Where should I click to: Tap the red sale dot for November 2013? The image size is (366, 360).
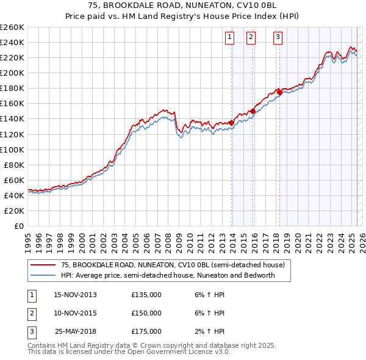[x=232, y=123]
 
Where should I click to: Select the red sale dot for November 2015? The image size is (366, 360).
[x=253, y=111]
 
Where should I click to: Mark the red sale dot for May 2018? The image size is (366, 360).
[x=280, y=92]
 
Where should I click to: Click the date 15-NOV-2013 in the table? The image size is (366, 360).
[x=75, y=295]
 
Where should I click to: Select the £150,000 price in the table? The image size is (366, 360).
[x=146, y=313]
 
